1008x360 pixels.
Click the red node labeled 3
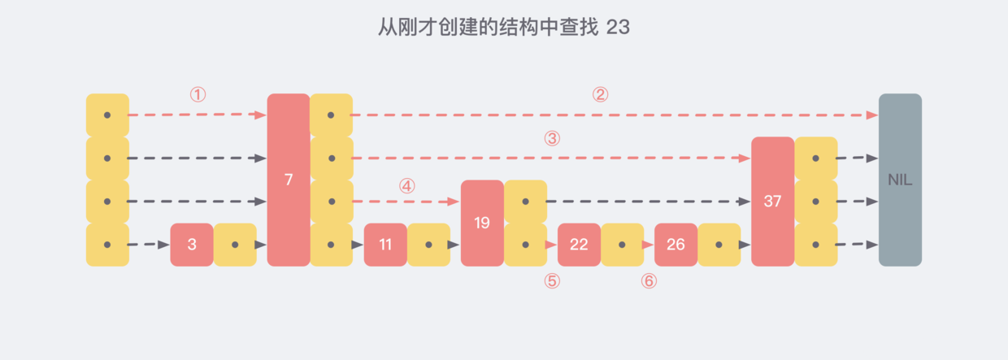coord(192,245)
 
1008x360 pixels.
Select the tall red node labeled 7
coord(289,180)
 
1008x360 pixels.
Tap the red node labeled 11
coord(385,245)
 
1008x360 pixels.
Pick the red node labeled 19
coord(482,223)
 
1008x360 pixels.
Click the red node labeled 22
coord(579,245)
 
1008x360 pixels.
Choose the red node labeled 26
coord(676,245)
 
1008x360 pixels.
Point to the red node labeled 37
coord(772,202)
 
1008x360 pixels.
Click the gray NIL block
coord(900,180)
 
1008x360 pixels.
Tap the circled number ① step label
coord(198,95)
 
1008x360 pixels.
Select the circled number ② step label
coord(600,95)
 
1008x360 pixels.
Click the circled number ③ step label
coord(553,139)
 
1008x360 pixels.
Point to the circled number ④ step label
coord(407,186)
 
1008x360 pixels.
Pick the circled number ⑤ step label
coord(552,281)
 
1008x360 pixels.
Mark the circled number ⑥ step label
coord(649,281)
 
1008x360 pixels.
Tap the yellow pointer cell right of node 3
coord(235,245)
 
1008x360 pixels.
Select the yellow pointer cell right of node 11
coord(428,245)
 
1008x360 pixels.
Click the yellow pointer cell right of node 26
coord(719,245)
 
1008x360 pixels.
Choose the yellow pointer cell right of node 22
coord(622,245)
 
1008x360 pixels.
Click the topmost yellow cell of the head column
coord(107,115)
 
